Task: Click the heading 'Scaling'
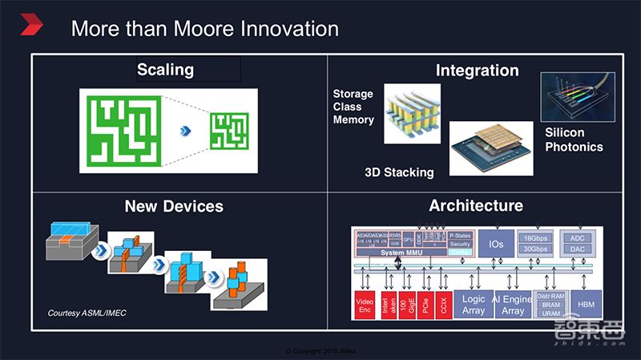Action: pos(165,70)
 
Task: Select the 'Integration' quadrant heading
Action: pos(477,71)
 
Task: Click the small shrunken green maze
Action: pos(230,129)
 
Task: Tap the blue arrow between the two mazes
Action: pos(185,130)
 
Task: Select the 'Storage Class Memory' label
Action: pos(353,107)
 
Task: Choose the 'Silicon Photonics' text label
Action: pos(574,140)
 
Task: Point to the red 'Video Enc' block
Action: pos(365,305)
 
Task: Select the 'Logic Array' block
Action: pos(474,304)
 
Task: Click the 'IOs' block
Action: pos(496,244)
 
